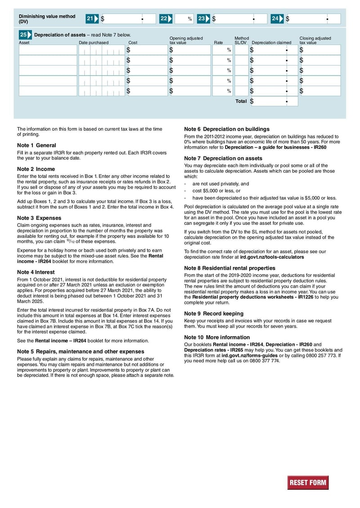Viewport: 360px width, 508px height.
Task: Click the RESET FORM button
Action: coord(308,482)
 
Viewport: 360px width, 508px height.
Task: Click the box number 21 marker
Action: coord(92,19)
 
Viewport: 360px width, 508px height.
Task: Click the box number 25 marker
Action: coord(25,35)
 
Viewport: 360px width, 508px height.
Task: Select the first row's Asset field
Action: coord(48,50)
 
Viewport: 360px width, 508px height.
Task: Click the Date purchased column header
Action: coord(94,43)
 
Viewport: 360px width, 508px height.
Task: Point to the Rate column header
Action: coord(218,43)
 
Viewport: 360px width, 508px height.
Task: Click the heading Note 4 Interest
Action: coord(36,272)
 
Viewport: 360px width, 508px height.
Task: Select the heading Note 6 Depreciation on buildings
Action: coord(227,129)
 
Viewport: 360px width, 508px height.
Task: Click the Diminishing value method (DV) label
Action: coord(47,19)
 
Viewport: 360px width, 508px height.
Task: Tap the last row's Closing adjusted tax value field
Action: coord(319,91)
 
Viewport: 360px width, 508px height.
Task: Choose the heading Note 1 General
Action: coord(36,145)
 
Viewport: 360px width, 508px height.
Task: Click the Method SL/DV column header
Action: coord(241,40)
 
